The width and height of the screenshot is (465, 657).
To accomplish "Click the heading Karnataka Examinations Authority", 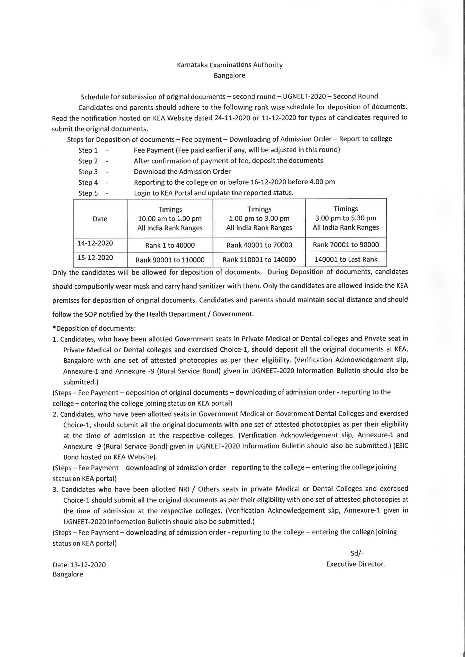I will point(230,65).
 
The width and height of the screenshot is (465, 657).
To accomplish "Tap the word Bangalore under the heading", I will point(229,76).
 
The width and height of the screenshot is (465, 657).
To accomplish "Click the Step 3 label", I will point(88,172).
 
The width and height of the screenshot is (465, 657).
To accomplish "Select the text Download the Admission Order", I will point(182,171).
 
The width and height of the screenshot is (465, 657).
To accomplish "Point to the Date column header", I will point(100,219).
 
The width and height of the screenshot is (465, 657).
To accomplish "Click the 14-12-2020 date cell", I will point(95,243).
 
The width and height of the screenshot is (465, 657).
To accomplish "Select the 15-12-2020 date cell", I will point(95,257).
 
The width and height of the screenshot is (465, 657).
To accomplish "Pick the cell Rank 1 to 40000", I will point(170,245).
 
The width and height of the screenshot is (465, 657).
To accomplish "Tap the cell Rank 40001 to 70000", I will point(259,245).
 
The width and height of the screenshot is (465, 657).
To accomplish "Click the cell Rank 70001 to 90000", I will point(346,245).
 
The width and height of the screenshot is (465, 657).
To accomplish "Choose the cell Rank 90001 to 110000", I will point(170,260).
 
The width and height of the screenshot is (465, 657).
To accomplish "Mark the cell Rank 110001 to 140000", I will point(259,260).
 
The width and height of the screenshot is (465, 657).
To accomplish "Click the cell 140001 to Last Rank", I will point(346,259).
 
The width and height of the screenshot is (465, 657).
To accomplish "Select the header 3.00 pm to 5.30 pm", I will point(346,218).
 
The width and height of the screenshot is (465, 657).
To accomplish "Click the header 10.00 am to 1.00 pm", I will point(170,219).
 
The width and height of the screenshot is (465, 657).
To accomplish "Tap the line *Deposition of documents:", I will point(94,328).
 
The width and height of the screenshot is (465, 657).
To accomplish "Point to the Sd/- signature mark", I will point(357,553).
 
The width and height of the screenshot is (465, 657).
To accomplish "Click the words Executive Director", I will point(355,564).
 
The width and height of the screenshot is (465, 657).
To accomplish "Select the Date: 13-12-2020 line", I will point(79,565).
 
